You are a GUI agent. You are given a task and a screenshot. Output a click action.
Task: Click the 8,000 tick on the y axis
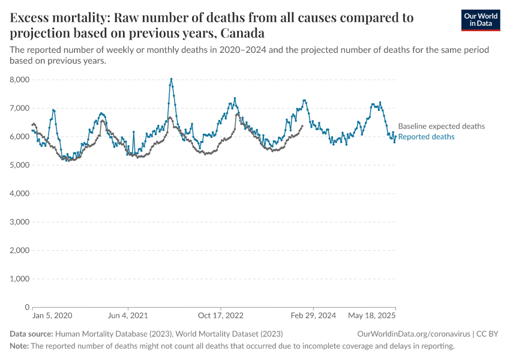(20, 80)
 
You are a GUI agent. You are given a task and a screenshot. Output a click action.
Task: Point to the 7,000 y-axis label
(20, 108)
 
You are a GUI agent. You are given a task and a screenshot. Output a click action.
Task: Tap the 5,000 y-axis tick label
(20, 165)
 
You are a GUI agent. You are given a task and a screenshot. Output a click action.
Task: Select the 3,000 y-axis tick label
(20, 222)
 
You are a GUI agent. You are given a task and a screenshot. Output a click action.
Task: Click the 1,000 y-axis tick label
(20, 279)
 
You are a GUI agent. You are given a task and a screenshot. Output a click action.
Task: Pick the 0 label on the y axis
(27, 307)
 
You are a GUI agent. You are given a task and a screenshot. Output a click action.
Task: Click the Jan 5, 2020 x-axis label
(52, 316)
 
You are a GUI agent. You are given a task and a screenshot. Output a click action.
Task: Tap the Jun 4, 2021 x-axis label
(127, 316)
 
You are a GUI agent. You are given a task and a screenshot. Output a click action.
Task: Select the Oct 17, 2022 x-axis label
(220, 316)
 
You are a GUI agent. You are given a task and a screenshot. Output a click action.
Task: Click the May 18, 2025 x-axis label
(371, 316)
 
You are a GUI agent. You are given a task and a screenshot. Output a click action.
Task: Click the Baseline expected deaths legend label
(441, 127)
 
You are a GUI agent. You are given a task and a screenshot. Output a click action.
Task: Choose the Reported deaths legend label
(426, 137)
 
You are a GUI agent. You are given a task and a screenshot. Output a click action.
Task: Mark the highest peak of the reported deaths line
(171, 79)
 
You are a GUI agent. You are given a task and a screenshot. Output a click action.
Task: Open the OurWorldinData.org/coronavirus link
(413, 334)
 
